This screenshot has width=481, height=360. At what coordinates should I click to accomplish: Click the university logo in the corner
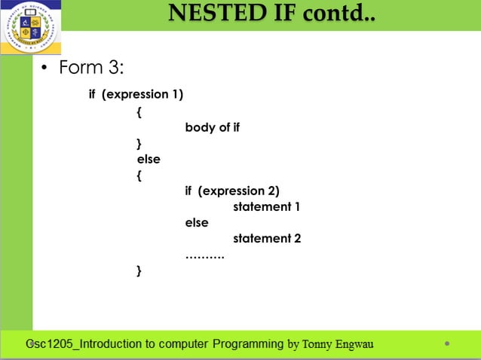pos(30,27)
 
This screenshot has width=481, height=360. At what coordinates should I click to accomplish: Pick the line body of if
pos(212,127)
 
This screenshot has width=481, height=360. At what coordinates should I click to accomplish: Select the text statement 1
pos(267,206)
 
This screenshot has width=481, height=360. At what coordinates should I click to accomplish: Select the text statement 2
pos(267,239)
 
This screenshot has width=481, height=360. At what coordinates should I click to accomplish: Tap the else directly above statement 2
pos(197,223)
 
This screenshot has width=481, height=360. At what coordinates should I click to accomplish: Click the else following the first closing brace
pos(149,159)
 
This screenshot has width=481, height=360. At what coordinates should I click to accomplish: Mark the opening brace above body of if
pos(139,111)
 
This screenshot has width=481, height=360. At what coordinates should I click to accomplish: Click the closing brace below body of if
pos(139,143)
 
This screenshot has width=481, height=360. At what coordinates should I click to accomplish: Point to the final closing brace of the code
pos(139,270)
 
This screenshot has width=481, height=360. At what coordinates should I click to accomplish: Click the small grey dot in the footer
pos(447,344)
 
